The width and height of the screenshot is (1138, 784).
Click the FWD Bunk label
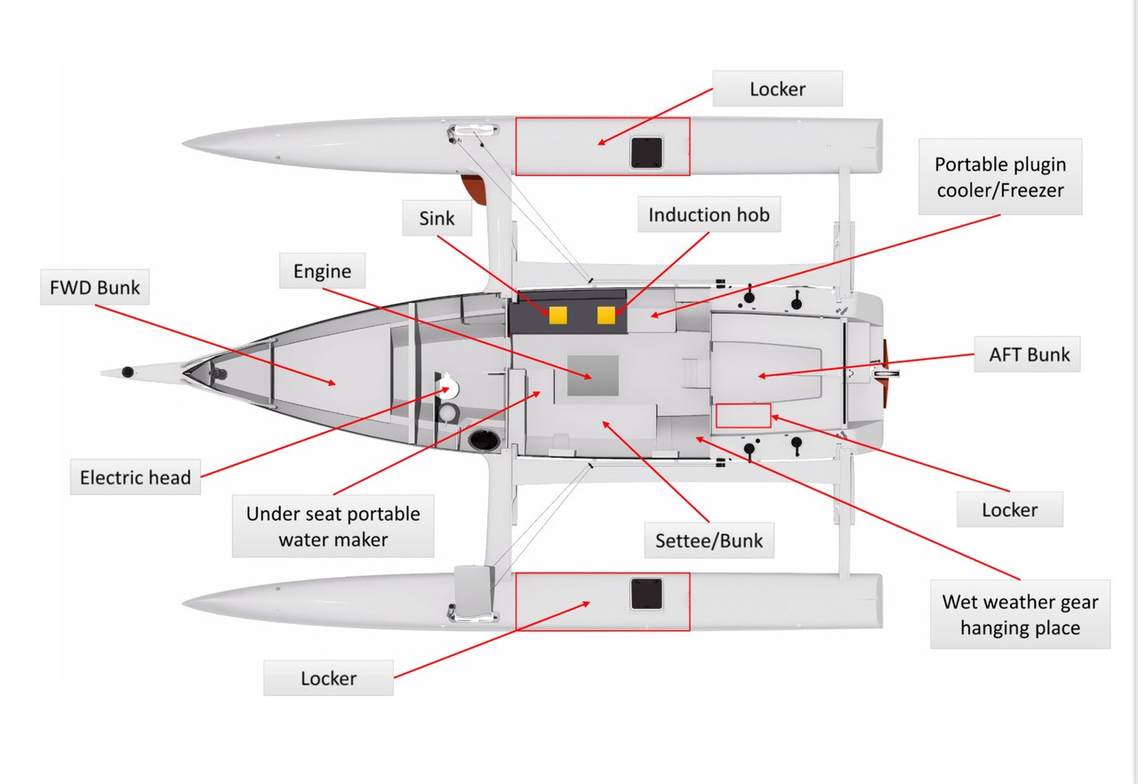pyautogui.click(x=95, y=289)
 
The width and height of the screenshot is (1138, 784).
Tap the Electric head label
pyautogui.click(x=135, y=477)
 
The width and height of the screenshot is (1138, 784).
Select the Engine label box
pyautogui.click(x=322, y=271)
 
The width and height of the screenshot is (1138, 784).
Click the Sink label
pyautogui.click(x=437, y=218)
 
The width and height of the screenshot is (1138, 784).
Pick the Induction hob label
pyautogui.click(x=709, y=215)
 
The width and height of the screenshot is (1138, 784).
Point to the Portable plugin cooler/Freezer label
pyautogui.click(x=999, y=176)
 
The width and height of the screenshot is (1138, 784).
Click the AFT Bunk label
pyautogui.click(x=1030, y=354)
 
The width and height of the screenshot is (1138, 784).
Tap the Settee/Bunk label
pyautogui.click(x=709, y=540)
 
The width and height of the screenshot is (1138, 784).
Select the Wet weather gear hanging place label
pyautogui.click(x=1020, y=615)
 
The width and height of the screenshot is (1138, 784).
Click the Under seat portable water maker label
pyautogui.click(x=333, y=526)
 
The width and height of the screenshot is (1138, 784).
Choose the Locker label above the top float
pyautogui.click(x=778, y=89)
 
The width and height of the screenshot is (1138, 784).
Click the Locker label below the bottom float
pyautogui.click(x=328, y=678)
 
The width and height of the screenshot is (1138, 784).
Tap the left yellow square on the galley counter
pyautogui.click(x=558, y=315)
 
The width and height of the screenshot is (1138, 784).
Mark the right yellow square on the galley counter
pyautogui.click(x=606, y=315)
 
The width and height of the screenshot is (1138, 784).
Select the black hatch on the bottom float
pyautogui.click(x=646, y=593)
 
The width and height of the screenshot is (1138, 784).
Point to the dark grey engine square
pyautogui.click(x=593, y=376)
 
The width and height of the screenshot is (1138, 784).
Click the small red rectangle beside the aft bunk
pyautogui.click(x=743, y=415)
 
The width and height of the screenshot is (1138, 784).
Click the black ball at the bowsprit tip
pyautogui.click(x=127, y=371)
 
